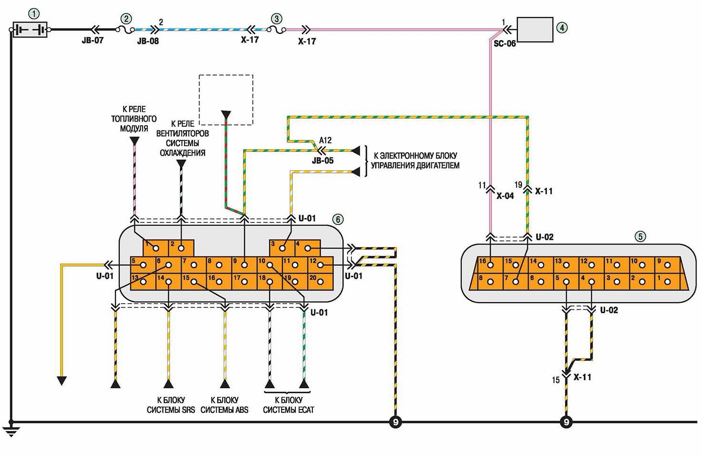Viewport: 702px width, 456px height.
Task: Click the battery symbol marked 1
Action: click(x=30, y=30)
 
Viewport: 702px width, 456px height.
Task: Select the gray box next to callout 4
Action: click(x=535, y=30)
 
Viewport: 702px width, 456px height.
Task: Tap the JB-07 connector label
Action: click(x=92, y=41)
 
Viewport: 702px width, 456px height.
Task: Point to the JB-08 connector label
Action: click(x=148, y=41)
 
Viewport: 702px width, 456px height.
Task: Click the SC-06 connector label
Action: click(x=504, y=44)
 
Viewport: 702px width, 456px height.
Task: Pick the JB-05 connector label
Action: click(x=322, y=161)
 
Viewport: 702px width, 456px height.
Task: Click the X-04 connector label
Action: click(x=505, y=196)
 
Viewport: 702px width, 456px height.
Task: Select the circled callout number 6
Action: click(x=338, y=219)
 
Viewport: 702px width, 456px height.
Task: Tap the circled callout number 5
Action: click(x=640, y=237)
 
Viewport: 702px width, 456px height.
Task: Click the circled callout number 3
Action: click(x=276, y=19)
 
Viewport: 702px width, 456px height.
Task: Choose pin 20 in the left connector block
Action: click(x=320, y=281)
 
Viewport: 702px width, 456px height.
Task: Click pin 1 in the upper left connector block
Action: click(x=156, y=248)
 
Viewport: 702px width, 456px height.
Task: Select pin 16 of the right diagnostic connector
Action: click(x=490, y=265)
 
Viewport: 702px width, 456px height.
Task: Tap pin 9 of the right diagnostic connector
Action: click(x=667, y=265)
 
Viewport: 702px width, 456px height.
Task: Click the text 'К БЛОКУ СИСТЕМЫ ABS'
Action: click(x=225, y=405)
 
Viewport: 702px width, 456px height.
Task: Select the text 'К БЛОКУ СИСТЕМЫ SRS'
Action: click(x=171, y=405)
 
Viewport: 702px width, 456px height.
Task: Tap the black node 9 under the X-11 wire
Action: click(x=566, y=422)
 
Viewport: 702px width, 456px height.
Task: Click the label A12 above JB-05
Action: click(x=325, y=140)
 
